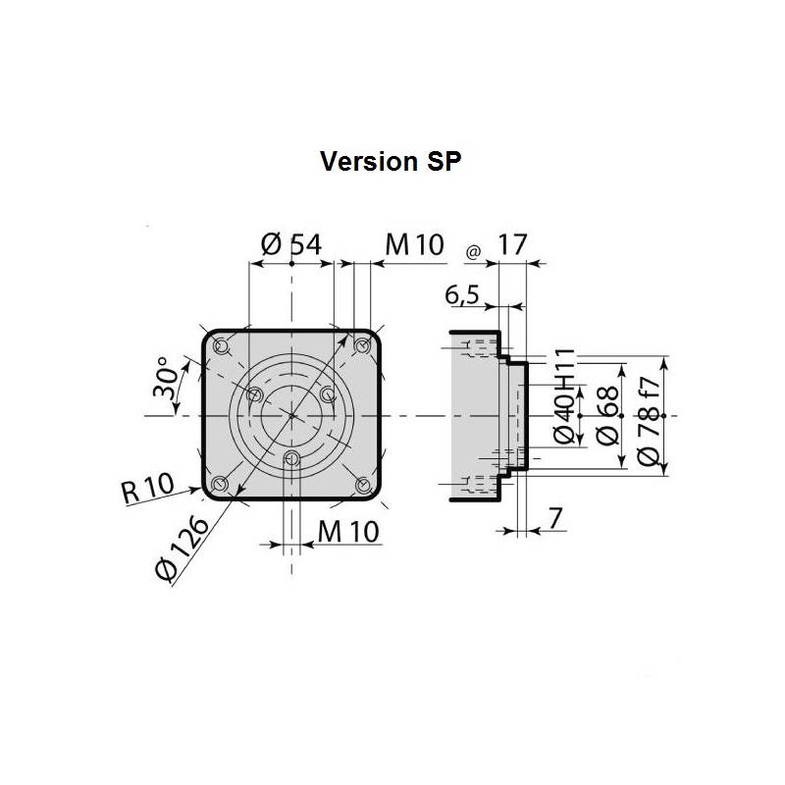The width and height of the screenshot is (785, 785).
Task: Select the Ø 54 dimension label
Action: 291,245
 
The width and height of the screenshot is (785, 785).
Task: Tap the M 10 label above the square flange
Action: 414,245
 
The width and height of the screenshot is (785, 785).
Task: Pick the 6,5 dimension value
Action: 461,294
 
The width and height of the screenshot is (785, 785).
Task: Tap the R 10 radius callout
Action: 147,487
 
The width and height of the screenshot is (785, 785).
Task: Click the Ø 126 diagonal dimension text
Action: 183,549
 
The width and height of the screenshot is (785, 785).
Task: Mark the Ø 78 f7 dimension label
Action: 650,415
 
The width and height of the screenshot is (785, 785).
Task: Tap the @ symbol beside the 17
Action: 473,252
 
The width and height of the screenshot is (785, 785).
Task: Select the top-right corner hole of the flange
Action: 363,344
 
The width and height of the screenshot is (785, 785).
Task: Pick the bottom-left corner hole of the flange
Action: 220,484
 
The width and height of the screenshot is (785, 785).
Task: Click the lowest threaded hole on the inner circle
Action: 290,458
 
